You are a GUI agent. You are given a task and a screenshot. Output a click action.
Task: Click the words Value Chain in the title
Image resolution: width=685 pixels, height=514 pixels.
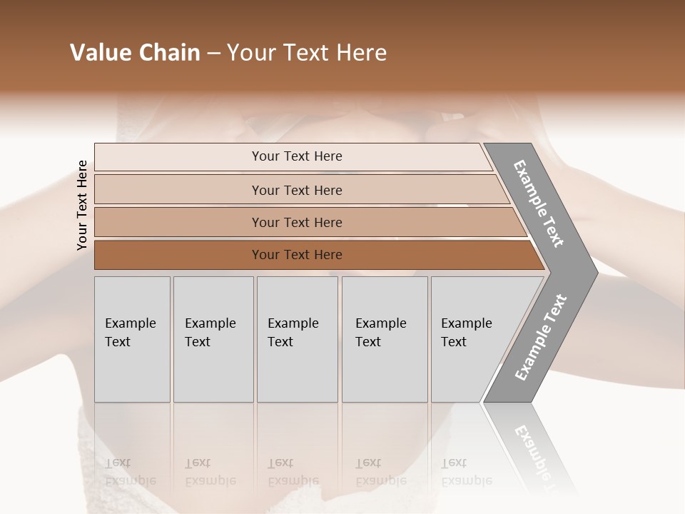(x=135, y=53)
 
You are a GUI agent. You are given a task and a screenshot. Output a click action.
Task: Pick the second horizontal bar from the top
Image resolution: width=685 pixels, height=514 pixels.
(x=297, y=190)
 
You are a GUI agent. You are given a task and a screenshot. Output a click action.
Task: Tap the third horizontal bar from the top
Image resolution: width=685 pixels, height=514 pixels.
(x=297, y=222)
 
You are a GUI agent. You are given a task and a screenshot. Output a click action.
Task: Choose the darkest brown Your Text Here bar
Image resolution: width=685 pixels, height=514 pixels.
(x=297, y=255)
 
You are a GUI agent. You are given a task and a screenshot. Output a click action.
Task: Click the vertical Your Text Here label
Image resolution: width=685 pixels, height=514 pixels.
(x=82, y=205)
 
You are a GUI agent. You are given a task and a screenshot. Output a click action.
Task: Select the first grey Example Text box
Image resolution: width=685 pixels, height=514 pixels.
(x=132, y=339)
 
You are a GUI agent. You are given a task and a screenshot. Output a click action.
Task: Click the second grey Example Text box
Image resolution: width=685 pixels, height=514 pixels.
(x=213, y=339)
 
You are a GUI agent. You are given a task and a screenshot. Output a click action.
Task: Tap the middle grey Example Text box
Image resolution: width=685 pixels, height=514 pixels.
(x=297, y=339)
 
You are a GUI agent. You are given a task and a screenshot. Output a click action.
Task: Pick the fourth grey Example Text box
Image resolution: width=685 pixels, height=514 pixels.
(x=384, y=339)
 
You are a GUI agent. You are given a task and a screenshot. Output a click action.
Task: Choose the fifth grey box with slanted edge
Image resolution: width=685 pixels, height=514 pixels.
(x=471, y=339)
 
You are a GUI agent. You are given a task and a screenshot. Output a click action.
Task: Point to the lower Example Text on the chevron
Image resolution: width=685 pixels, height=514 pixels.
(x=541, y=337)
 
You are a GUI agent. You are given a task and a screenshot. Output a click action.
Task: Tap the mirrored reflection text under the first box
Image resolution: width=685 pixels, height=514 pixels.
(x=131, y=473)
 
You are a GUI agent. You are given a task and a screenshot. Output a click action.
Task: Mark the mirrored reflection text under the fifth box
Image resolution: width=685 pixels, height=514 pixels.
(x=467, y=473)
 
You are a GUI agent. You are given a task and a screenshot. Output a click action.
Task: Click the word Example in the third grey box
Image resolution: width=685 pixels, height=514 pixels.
(x=293, y=323)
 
